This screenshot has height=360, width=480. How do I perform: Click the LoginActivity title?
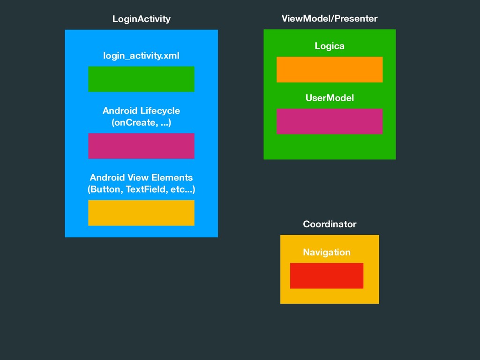pyautogui.click(x=141, y=19)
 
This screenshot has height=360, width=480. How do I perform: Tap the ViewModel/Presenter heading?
pyautogui.click(x=329, y=19)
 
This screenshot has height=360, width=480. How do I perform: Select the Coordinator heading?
pyautogui.click(x=330, y=224)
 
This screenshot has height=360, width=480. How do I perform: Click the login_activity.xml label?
pyautogui.click(x=141, y=56)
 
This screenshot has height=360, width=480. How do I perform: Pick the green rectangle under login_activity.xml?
pyautogui.click(x=141, y=79)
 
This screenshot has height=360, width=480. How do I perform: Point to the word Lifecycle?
pyautogui.click(x=160, y=111)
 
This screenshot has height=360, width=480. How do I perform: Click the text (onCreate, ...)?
pyautogui.click(x=141, y=123)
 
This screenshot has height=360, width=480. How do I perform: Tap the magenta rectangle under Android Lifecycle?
pyautogui.click(x=141, y=146)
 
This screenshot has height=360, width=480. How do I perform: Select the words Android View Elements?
pyautogui.click(x=141, y=178)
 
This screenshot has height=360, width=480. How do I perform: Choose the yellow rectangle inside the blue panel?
pyautogui.click(x=141, y=213)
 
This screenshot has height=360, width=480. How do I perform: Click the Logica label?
pyautogui.click(x=330, y=46)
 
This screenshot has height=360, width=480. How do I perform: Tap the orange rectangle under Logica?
pyautogui.click(x=330, y=69)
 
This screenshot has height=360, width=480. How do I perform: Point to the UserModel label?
pyautogui.click(x=330, y=98)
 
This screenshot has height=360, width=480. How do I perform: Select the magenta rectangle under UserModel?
pyautogui.click(x=330, y=121)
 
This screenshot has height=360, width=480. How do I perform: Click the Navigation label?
pyautogui.click(x=326, y=252)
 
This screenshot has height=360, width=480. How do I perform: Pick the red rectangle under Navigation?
pyautogui.click(x=326, y=276)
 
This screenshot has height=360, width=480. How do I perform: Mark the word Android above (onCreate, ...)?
pyautogui.click(x=120, y=111)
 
